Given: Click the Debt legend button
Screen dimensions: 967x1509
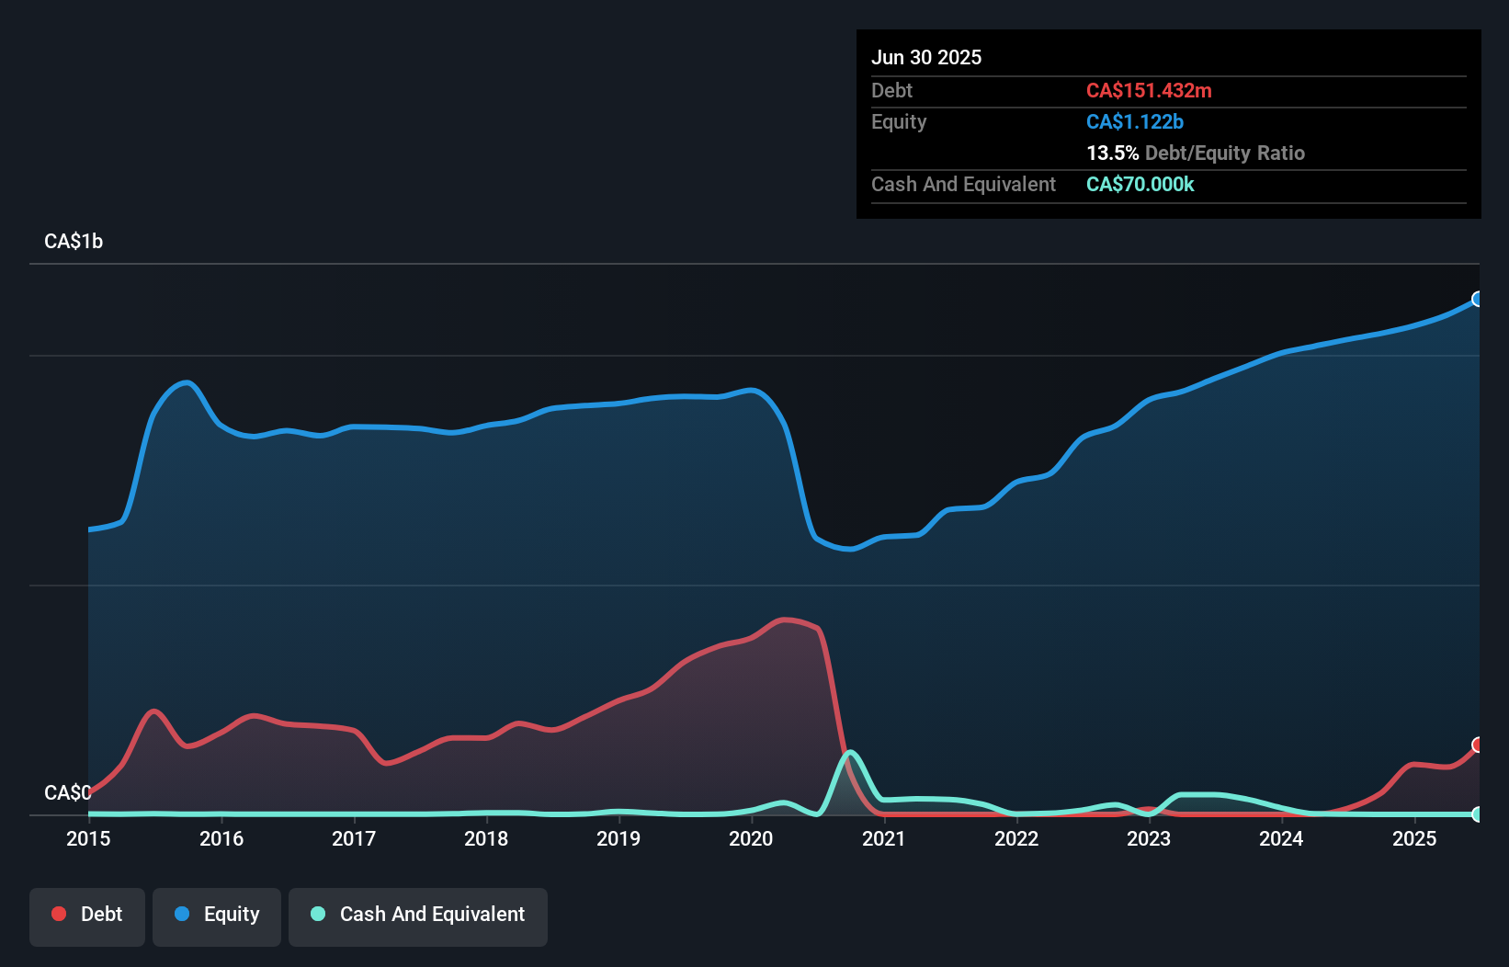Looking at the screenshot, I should (x=87, y=915).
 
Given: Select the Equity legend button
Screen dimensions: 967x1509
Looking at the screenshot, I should (x=217, y=915).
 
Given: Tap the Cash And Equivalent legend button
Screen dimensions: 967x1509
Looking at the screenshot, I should (x=418, y=915).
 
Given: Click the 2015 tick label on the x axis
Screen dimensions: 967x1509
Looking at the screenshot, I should (x=88, y=838).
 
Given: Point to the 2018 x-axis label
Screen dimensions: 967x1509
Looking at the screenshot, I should (x=486, y=838).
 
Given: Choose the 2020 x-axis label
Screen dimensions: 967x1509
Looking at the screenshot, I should (x=751, y=838).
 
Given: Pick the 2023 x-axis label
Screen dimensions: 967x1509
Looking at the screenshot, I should (x=1149, y=838).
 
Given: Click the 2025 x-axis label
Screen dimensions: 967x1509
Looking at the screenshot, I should (x=1414, y=838).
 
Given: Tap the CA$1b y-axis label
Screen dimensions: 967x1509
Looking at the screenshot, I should (x=74, y=242).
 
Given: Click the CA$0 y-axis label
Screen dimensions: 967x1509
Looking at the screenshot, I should (x=67, y=792).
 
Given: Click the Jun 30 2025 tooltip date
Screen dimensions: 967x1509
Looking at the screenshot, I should (x=926, y=57).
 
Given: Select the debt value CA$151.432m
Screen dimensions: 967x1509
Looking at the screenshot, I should (x=1149, y=90).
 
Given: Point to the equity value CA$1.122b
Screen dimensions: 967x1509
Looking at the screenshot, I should (x=1135, y=121).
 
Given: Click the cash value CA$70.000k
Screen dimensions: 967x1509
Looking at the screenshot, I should (x=1140, y=184).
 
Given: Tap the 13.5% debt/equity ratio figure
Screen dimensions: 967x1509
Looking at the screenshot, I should (x=1112, y=153).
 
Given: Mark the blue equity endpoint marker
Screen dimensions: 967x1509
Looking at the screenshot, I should (x=1478, y=299).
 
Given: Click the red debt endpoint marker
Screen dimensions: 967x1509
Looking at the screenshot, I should (x=1478, y=745).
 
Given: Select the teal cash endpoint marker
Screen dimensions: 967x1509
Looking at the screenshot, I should (x=1478, y=814).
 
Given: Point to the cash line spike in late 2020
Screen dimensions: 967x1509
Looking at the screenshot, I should (x=851, y=753).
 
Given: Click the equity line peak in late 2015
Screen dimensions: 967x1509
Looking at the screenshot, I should (x=187, y=382).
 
